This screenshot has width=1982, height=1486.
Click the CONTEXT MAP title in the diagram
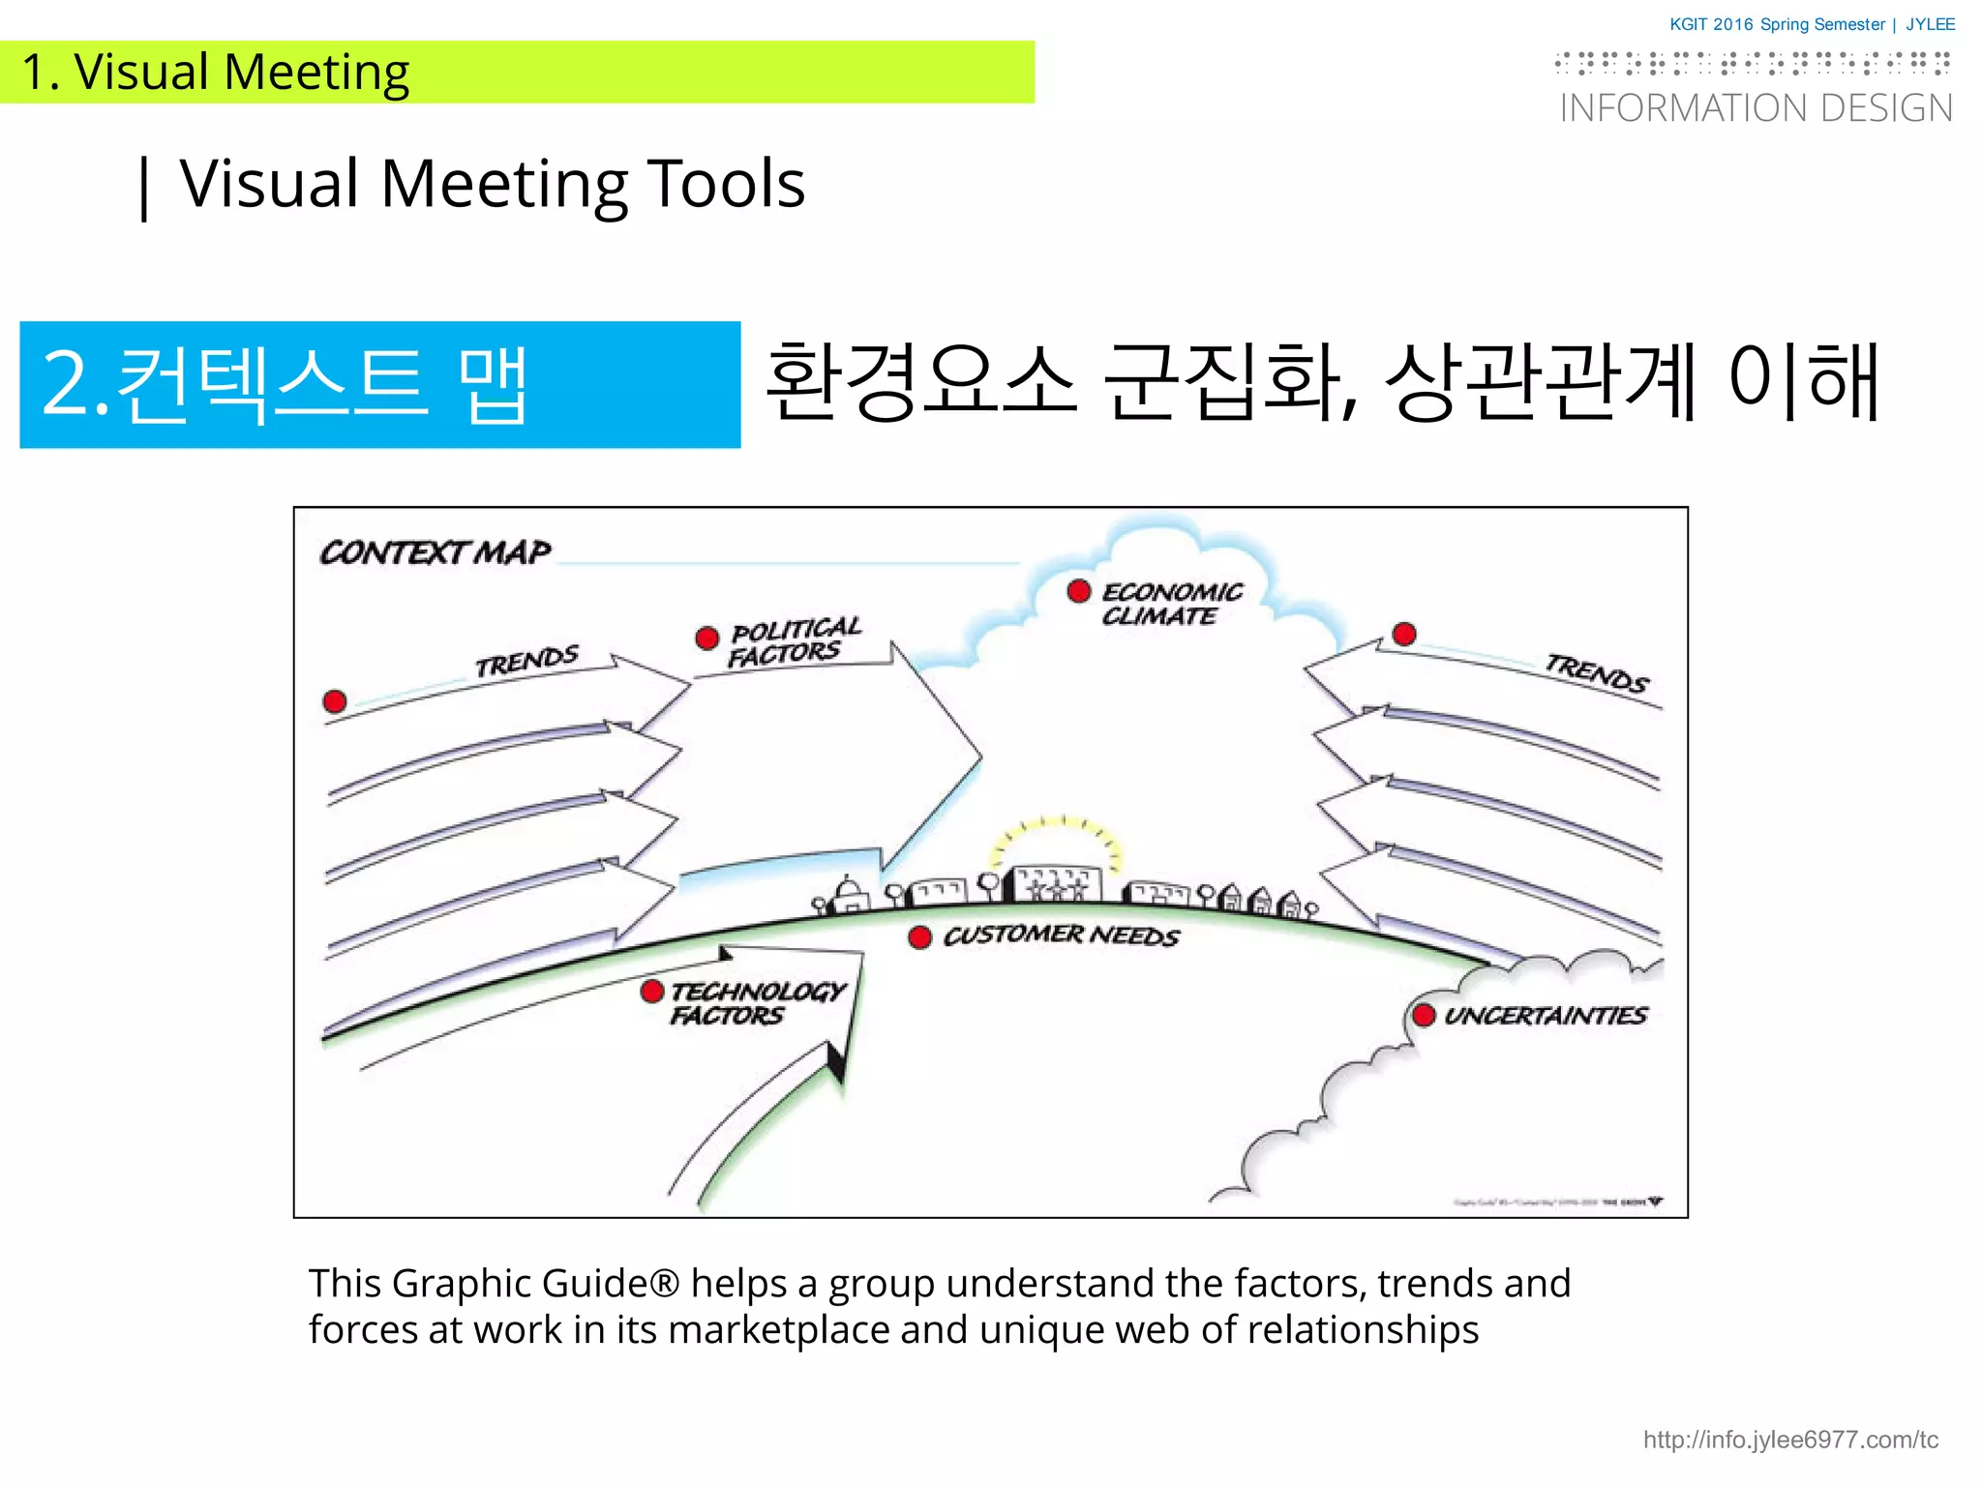click(x=435, y=552)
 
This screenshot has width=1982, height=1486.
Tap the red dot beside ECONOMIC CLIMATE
click(x=1079, y=591)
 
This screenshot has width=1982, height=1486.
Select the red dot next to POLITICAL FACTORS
click(x=707, y=638)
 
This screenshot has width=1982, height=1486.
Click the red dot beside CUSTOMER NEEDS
click(x=920, y=936)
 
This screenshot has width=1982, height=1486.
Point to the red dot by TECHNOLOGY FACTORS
click(x=652, y=991)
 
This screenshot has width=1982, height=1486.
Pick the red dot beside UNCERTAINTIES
click(x=1424, y=1015)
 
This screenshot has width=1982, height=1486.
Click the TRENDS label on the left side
click(x=526, y=662)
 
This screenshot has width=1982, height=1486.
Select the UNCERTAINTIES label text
click(x=1546, y=1015)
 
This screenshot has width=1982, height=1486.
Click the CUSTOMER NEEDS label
click(x=1062, y=936)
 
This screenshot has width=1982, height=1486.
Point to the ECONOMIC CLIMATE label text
click(x=1171, y=604)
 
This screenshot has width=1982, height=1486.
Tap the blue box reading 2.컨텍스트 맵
click(x=380, y=384)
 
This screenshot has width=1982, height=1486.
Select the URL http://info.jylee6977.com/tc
click(x=1790, y=1440)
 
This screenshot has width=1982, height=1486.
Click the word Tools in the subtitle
click(x=726, y=184)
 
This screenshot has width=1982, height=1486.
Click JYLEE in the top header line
click(x=1930, y=24)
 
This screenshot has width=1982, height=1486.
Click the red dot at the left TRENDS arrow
click(x=335, y=701)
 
